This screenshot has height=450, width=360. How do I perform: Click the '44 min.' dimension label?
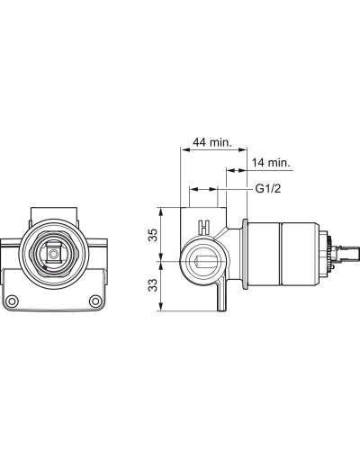212,142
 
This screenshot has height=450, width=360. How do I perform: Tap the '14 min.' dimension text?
271,163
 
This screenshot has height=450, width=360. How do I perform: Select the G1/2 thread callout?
268,189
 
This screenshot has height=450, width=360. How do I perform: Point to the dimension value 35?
153,235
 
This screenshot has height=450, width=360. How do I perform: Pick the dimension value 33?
153,285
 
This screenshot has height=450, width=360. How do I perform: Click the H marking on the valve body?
204,227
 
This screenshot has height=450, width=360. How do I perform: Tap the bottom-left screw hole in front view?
13,301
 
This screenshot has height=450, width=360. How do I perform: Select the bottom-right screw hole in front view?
95,301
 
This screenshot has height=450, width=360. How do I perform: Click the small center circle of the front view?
54,255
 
